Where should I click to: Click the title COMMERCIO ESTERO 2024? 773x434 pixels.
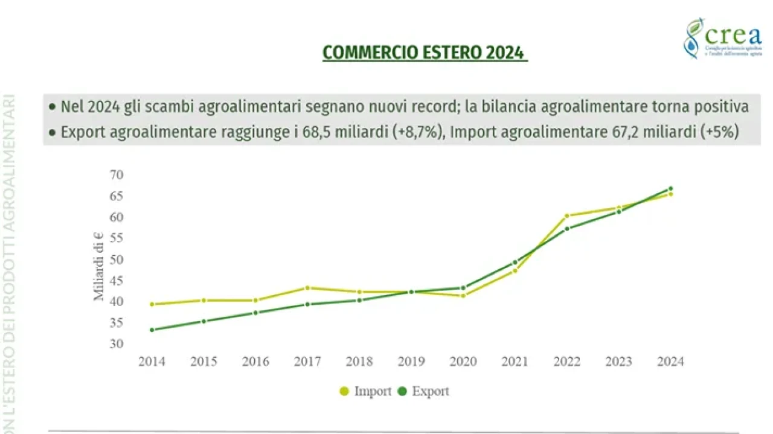425,53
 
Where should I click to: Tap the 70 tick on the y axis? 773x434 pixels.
117,175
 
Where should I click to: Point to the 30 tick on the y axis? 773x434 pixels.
117,344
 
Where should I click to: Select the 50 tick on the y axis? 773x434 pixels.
117,260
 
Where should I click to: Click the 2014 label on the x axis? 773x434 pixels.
152,362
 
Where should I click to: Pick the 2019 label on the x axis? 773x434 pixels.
411,362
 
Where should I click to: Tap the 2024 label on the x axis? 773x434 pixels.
670,362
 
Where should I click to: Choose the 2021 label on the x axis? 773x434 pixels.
515,362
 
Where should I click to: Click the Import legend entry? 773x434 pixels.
367,391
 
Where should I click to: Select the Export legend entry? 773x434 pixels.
424,391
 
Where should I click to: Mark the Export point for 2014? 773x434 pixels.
152,330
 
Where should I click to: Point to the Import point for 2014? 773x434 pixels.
152,304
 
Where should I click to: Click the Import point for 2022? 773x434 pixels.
567,215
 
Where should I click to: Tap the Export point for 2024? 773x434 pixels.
670,189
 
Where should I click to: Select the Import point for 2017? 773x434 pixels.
307,288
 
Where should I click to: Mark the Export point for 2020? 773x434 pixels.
463,288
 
